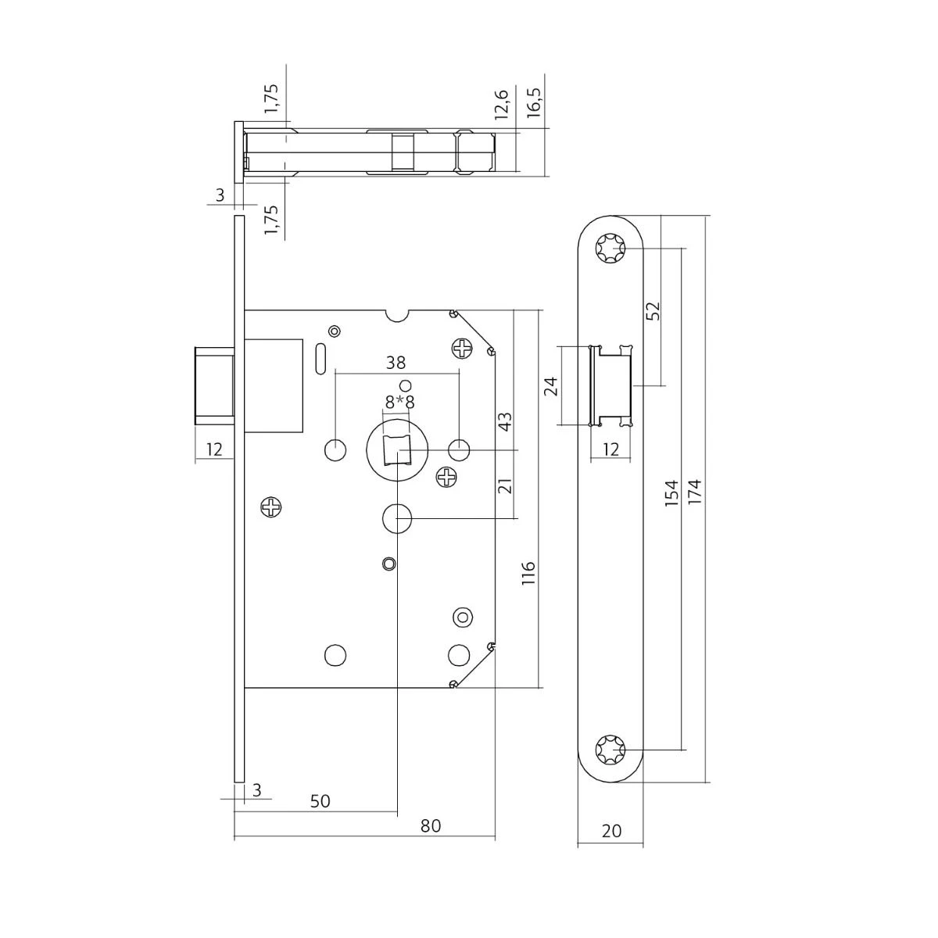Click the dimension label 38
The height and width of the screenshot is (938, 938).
pos(396,363)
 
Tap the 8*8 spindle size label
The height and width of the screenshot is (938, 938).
pos(399,403)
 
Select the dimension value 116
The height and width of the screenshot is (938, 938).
pos(528,573)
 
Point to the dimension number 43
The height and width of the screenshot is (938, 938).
pos(506,421)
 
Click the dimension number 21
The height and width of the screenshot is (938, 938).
pos(506,485)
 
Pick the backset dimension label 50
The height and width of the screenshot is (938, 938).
pos(320,800)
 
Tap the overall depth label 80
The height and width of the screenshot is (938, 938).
pos(430,825)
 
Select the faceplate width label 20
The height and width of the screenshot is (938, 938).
pos(611,831)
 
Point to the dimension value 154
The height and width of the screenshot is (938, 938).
pos(671,493)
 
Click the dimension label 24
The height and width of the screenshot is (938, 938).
pos(550,386)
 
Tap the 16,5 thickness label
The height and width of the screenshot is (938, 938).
pos(534,102)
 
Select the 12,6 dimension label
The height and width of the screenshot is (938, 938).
pos(501,104)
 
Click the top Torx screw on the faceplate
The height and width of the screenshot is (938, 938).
pos(610,249)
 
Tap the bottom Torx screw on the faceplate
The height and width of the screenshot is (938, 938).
pos(610,750)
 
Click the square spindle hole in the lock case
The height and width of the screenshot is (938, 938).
pos(397,450)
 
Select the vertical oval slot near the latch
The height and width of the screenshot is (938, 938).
pos(320,360)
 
